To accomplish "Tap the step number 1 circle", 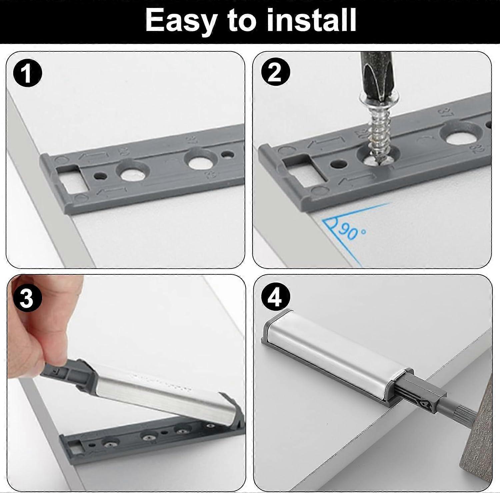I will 27,73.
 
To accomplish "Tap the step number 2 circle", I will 275,72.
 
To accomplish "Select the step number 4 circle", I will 275,298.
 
